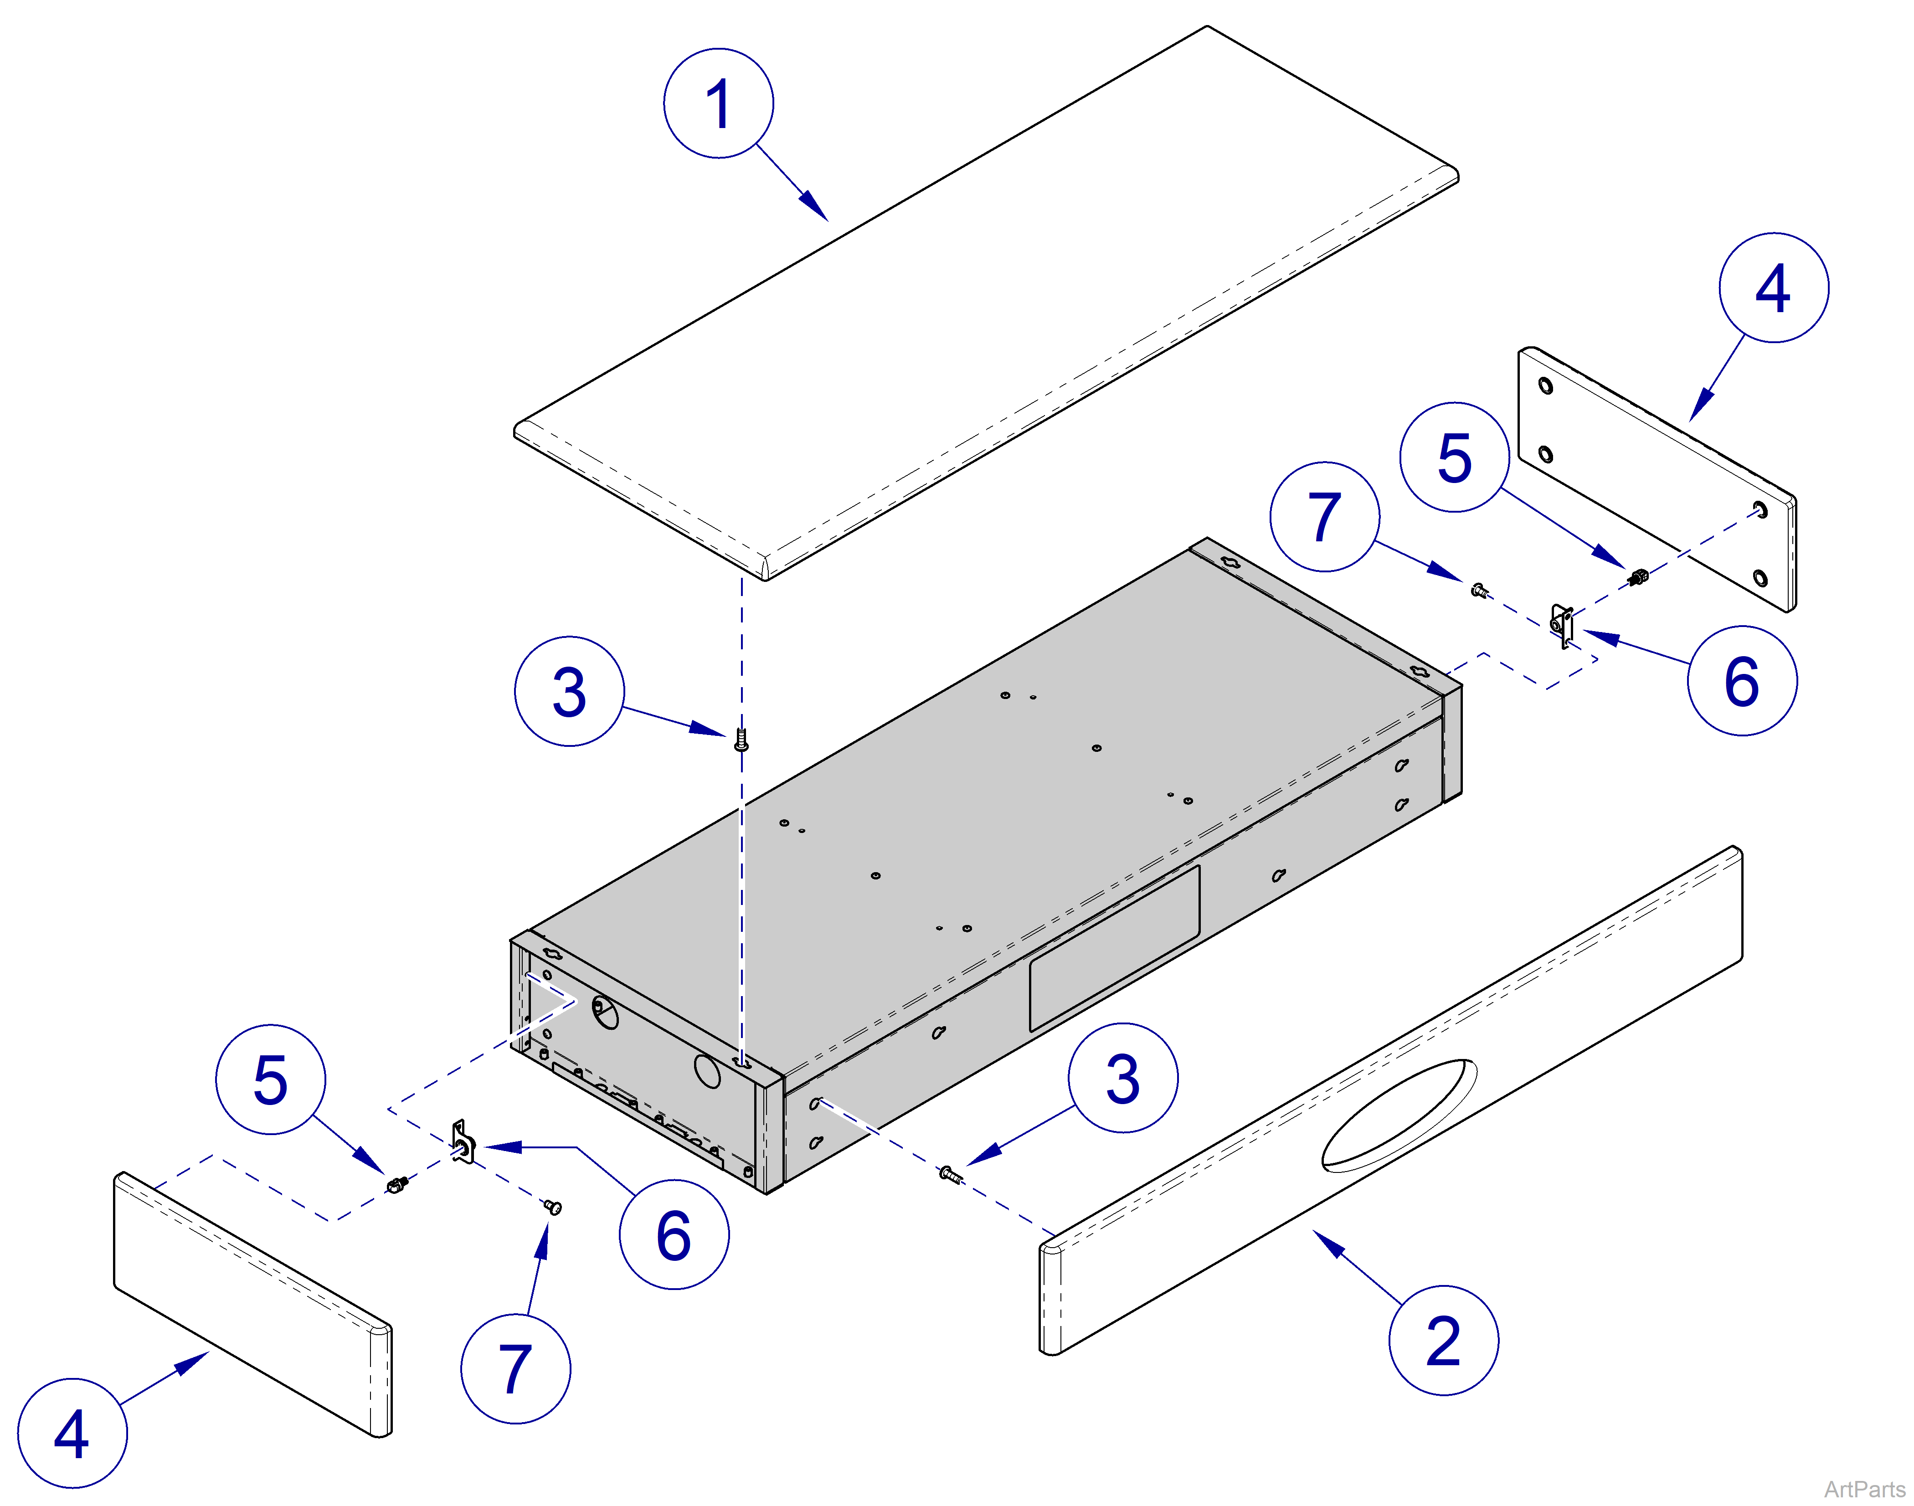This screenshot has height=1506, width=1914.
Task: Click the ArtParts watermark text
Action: (x=1864, y=1488)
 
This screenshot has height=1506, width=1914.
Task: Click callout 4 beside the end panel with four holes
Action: (x=1773, y=288)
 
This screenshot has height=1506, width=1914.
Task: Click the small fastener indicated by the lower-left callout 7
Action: (x=553, y=1207)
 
